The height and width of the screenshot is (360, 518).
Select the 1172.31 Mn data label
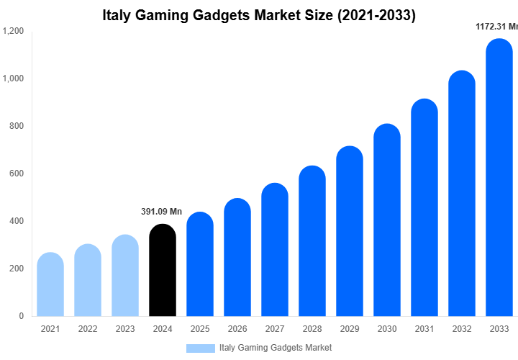click(x=497, y=27)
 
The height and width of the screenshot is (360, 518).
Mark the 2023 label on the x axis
click(x=125, y=329)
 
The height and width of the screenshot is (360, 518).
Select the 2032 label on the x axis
click(x=462, y=329)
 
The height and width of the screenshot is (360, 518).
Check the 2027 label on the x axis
click(x=275, y=329)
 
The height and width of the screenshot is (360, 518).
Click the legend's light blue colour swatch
click(x=200, y=348)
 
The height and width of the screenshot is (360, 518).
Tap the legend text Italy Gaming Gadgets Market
click(x=276, y=348)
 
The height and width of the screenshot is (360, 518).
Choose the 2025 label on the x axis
click(x=200, y=329)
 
